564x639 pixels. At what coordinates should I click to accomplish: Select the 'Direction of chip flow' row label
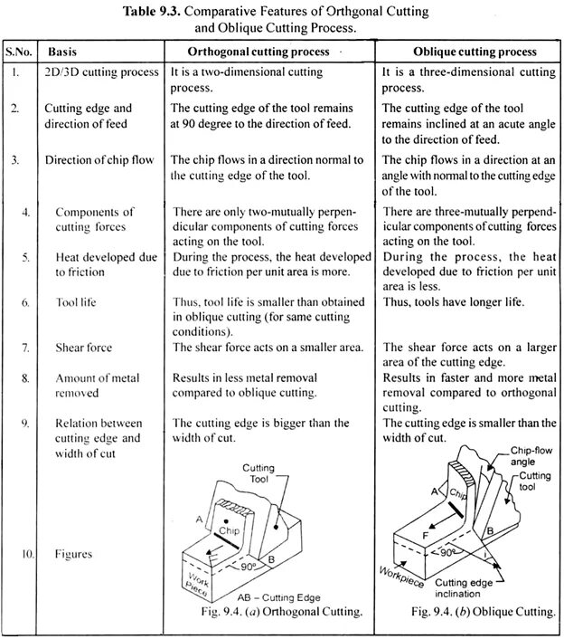click(x=97, y=160)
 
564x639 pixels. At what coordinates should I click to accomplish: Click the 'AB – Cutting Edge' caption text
click(x=277, y=597)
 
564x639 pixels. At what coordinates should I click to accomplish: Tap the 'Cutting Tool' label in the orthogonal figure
click(x=258, y=472)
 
